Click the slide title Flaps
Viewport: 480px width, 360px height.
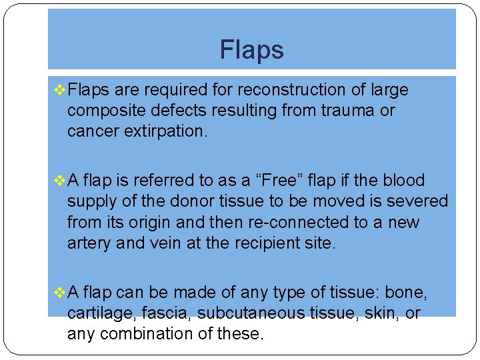251,50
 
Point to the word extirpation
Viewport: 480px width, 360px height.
165,131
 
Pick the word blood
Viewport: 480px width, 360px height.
401,181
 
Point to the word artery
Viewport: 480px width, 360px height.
89,243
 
